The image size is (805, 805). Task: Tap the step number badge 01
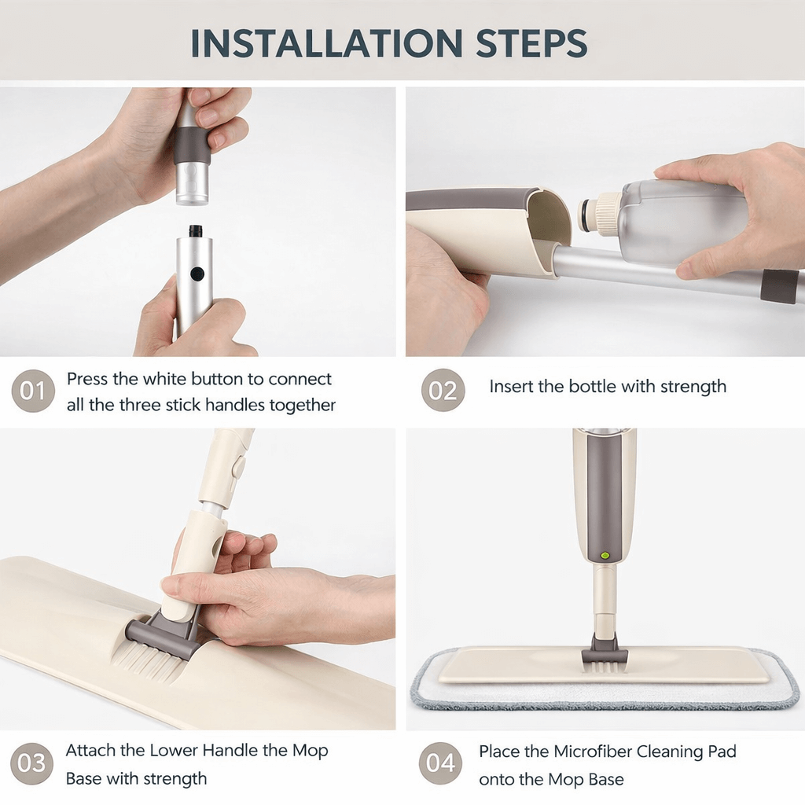coord(33,391)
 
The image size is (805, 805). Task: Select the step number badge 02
coord(443,390)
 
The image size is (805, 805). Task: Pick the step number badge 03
coord(32,763)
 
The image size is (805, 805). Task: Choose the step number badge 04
coord(441,763)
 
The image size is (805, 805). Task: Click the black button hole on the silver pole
coord(197,274)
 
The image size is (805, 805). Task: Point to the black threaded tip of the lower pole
coord(195,232)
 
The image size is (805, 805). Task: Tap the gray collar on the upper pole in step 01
coord(192,145)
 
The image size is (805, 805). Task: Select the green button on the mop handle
coord(605,555)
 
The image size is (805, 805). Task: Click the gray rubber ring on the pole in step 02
coord(778,286)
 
